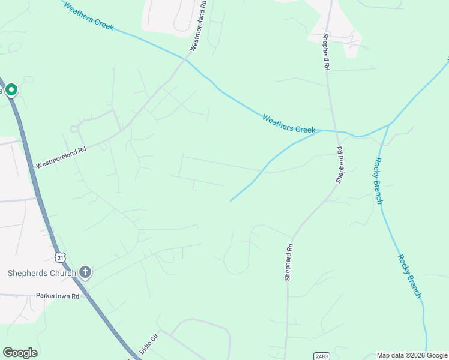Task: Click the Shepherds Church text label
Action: [41, 274]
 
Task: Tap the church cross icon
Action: [85, 273]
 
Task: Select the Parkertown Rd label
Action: [58, 296]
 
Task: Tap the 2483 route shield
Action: [320, 356]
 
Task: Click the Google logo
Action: [20, 353]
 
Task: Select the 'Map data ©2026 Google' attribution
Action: [412, 355]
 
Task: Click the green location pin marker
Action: [11, 90]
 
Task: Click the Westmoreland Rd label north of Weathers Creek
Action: [199, 25]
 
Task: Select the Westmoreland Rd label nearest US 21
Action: [61, 155]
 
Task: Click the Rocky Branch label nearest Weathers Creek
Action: [378, 180]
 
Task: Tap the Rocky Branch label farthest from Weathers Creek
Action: [409, 276]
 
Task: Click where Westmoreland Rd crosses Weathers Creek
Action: [186, 59]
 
